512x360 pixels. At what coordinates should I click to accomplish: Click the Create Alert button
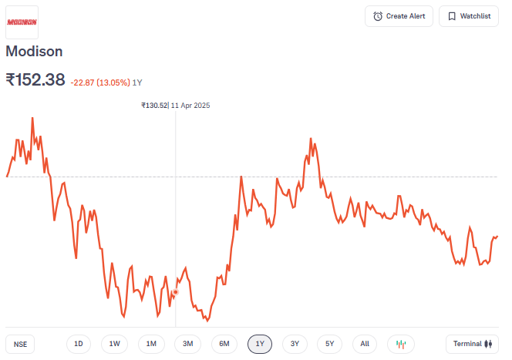[399, 16]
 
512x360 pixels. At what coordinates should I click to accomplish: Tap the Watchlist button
[469, 16]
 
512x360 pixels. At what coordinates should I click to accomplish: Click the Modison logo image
[22, 22]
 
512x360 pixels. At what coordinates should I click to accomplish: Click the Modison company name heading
[34, 52]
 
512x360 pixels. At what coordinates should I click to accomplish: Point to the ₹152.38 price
[35, 79]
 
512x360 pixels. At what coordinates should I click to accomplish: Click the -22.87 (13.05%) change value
[99, 82]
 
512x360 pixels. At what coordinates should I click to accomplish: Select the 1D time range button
[79, 344]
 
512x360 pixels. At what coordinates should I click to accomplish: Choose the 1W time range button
[114, 344]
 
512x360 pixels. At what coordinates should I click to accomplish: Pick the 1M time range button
[151, 344]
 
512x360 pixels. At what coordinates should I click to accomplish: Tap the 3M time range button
[187, 344]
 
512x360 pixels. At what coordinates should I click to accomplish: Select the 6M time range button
[224, 344]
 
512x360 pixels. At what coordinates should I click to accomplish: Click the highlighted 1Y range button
[260, 344]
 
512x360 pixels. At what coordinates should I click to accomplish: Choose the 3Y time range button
[295, 344]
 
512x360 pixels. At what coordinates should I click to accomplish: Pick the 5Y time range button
[329, 344]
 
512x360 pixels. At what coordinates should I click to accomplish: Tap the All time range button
[365, 344]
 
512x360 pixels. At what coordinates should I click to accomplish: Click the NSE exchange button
[20, 344]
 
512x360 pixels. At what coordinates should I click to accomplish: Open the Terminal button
[472, 344]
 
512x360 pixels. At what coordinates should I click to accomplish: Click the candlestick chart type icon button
[401, 344]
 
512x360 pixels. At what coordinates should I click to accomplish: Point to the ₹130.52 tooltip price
[154, 106]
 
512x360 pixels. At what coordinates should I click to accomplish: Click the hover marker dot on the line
[176, 292]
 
